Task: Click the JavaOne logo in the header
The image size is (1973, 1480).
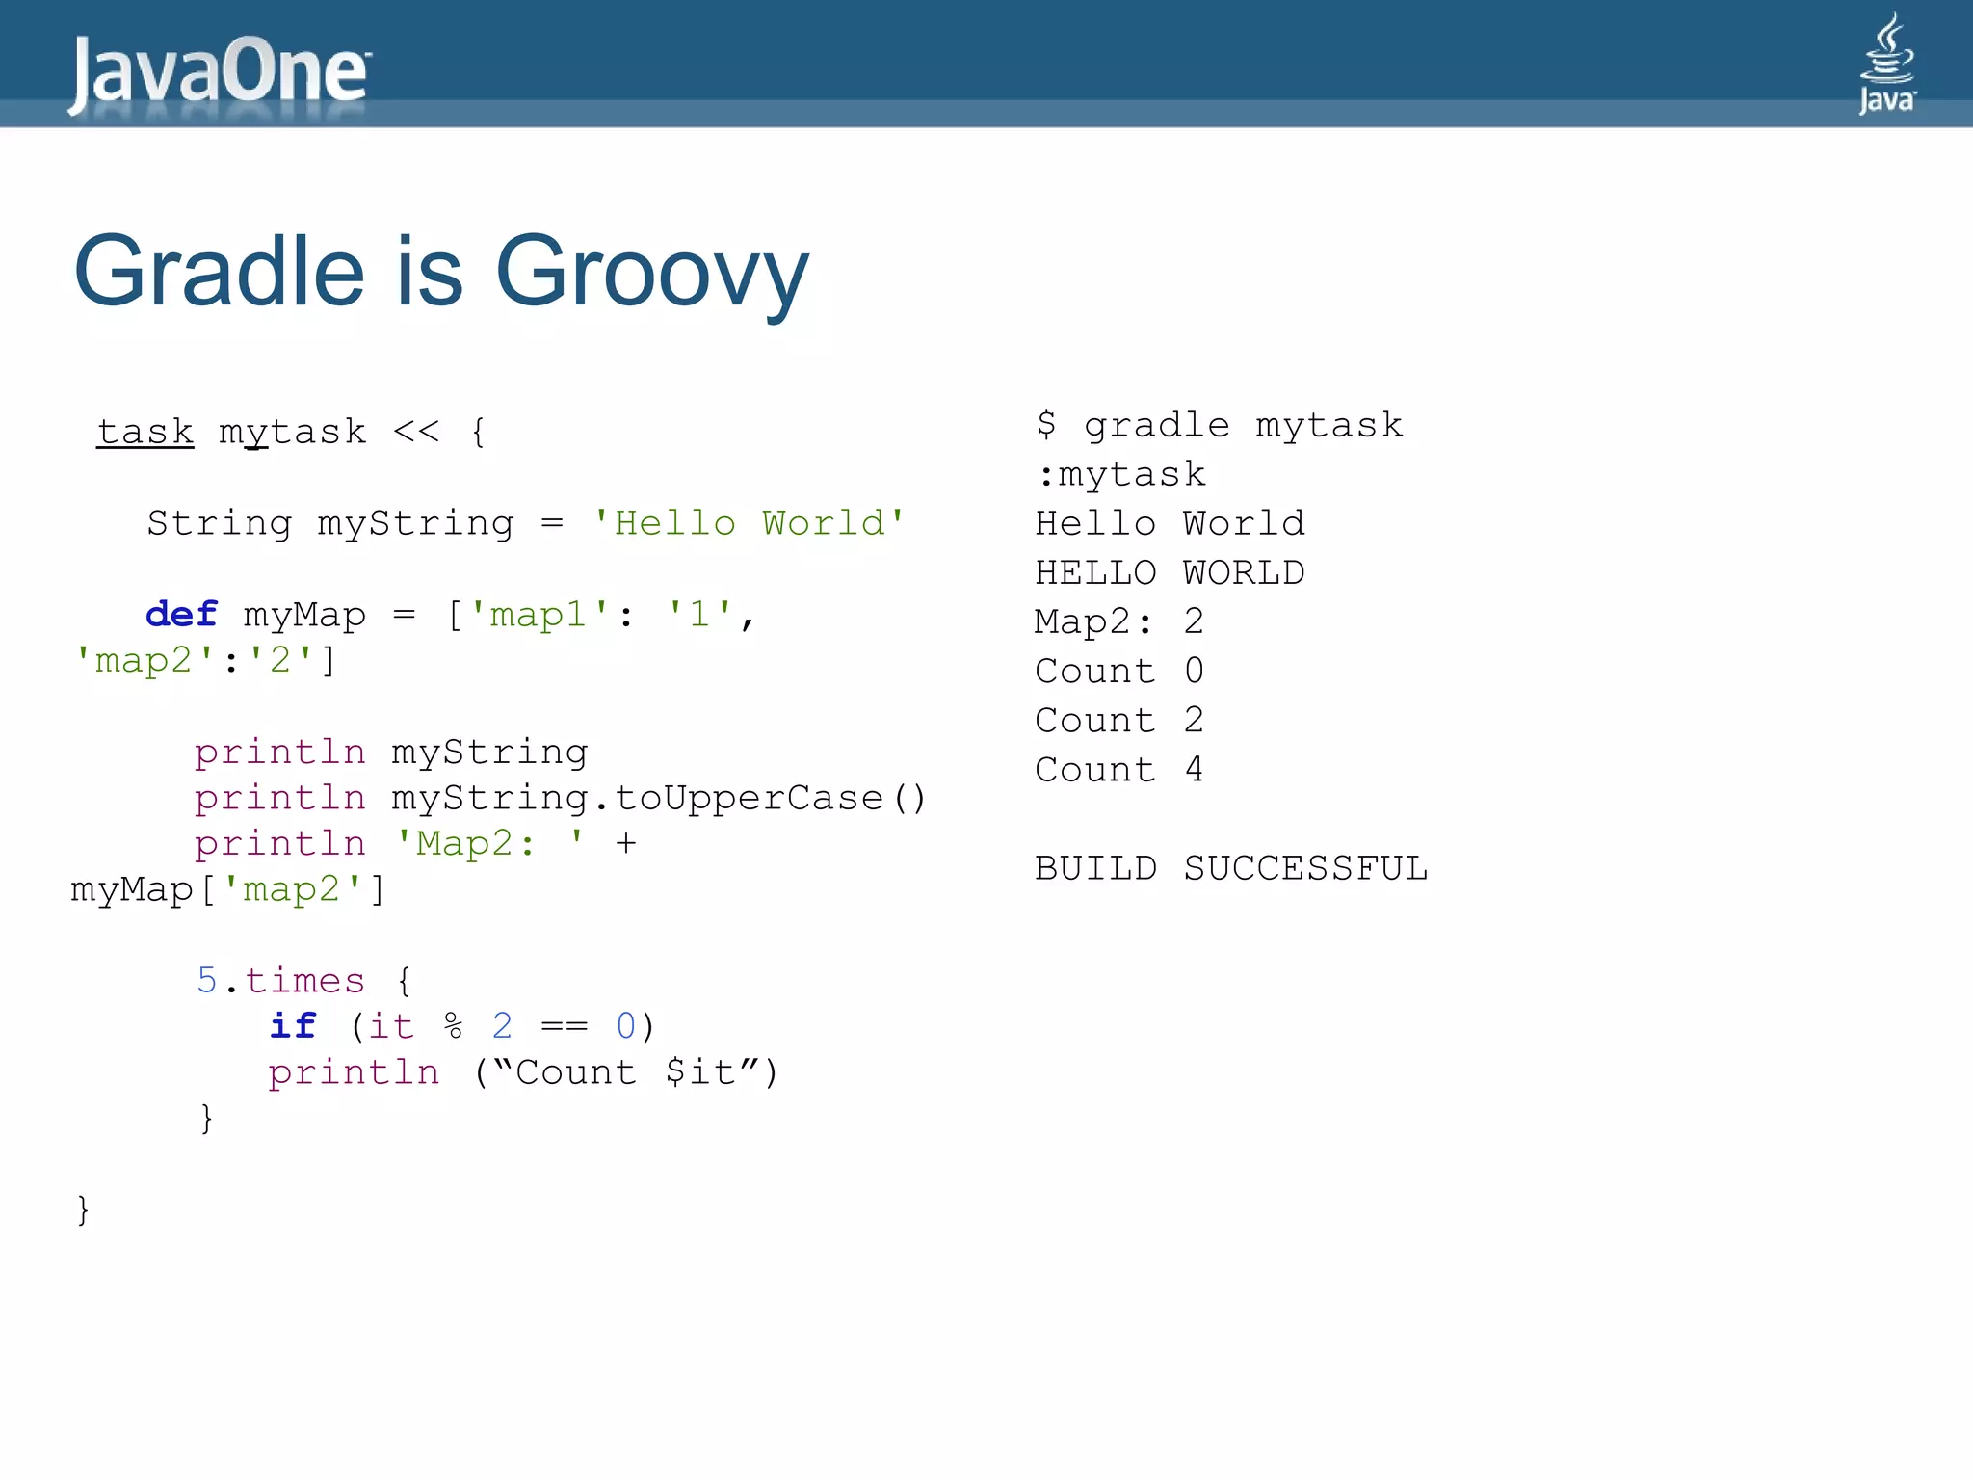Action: (x=219, y=71)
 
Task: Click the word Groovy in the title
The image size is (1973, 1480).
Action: (x=651, y=272)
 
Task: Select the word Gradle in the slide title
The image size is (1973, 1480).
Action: (x=220, y=272)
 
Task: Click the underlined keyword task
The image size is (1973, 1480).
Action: (x=145, y=432)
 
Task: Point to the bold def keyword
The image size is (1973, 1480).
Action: (x=181, y=615)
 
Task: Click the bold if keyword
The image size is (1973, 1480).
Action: (x=292, y=1026)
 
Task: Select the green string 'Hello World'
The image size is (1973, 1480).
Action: (x=749, y=523)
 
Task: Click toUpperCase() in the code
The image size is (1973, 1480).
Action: (x=770, y=798)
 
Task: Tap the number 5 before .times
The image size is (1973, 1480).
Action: (x=206, y=981)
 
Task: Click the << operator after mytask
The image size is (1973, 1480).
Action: (x=416, y=432)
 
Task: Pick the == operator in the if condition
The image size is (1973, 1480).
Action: (x=564, y=1026)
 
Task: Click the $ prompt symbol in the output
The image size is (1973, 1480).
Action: (x=1046, y=425)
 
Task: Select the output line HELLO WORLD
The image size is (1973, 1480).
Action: (x=1170, y=573)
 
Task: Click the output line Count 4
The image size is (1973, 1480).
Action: (x=1118, y=770)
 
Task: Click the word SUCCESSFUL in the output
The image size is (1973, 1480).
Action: (x=1305, y=868)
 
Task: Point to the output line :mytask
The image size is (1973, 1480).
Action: (x=1120, y=475)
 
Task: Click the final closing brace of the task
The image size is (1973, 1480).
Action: (x=83, y=1209)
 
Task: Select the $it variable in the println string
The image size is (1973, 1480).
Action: (x=700, y=1072)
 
